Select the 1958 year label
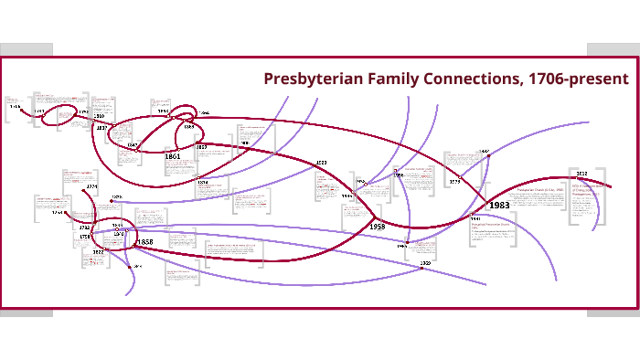point(378,225)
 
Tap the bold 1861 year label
point(172,156)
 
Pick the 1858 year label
point(144,242)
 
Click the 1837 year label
point(102,128)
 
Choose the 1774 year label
point(91,187)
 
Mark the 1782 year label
point(84,228)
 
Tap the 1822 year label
point(98,251)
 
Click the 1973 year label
point(454,182)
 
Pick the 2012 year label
point(581,172)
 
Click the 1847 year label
point(132,145)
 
